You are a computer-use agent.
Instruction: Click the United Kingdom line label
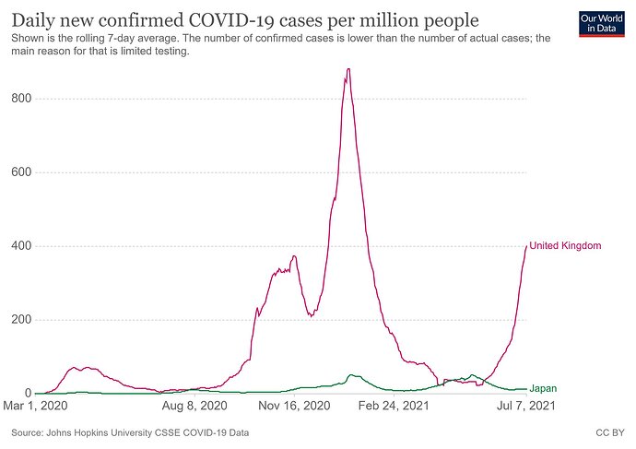(x=565, y=245)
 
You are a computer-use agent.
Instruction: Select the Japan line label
(x=542, y=390)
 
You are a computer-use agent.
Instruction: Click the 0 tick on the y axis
(x=31, y=394)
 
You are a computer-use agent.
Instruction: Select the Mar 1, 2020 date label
(x=38, y=406)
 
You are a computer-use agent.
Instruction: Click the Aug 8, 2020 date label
(x=194, y=406)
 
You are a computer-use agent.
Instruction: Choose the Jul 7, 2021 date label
(x=526, y=406)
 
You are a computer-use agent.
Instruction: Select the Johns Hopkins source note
(x=130, y=432)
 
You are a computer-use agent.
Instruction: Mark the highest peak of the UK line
(x=347, y=68)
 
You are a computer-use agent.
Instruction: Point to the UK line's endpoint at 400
(x=526, y=246)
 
